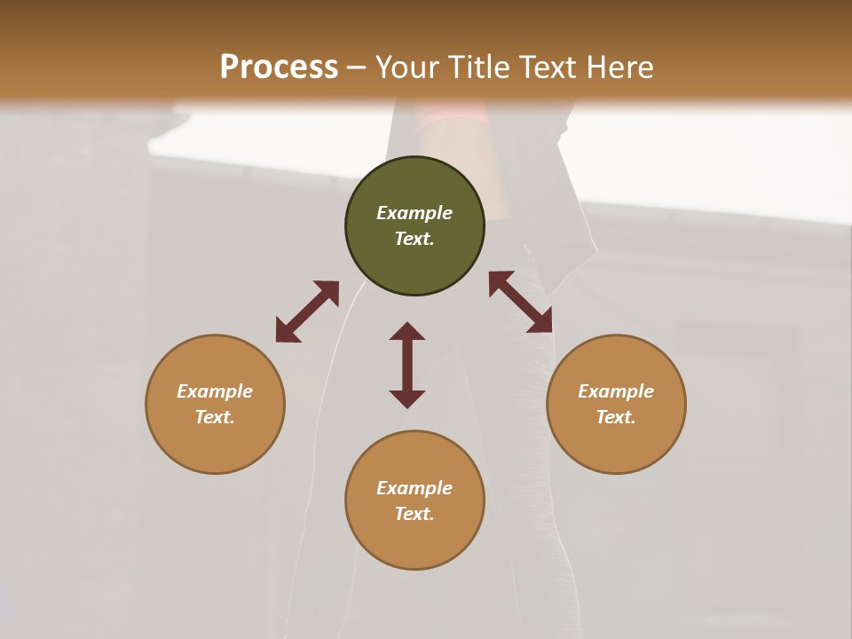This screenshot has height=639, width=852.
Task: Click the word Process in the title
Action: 279,67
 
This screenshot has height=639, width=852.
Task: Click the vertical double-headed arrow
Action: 407,365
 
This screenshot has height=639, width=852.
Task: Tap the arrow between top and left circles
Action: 307,312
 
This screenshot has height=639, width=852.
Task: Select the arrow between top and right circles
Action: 521,303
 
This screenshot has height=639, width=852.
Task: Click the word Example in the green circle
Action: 414,213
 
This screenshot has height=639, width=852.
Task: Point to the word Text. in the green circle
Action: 414,239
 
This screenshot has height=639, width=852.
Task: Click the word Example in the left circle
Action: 215,391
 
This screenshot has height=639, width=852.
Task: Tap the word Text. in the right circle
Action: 616,417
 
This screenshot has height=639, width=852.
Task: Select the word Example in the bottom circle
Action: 414,488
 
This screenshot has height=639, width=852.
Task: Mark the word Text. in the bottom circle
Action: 414,514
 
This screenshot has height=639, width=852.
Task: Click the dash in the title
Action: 357,67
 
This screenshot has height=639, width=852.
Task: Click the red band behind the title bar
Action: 453,114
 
